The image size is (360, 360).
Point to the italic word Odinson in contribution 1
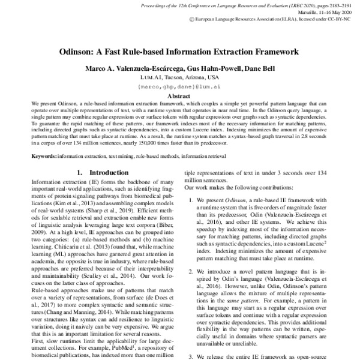coord(230,215)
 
